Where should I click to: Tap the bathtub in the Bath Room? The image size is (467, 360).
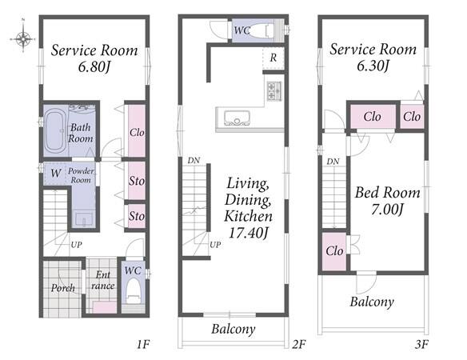pos(56,130)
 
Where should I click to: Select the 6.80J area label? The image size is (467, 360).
pos(94,67)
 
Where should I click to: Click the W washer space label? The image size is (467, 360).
pos(56,173)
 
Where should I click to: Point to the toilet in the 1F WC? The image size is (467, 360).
pos(134,291)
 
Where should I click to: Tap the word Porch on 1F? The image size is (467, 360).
pos(63,288)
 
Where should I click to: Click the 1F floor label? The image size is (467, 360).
pos(142,345)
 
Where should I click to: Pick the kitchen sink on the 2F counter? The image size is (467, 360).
pos(237,118)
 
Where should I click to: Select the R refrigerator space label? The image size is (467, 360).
pos(273,58)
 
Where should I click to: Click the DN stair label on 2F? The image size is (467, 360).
pos(194,161)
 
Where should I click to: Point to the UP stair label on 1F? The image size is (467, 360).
pos(76,245)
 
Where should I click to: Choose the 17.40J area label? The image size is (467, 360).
pos(249,233)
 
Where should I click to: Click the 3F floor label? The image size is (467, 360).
pos(421,345)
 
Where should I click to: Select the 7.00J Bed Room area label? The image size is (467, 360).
pos(387,210)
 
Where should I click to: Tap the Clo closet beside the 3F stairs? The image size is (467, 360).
pos(334,251)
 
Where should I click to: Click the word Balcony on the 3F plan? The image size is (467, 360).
pos(372,302)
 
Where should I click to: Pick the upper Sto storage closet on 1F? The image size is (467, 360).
pos(137,180)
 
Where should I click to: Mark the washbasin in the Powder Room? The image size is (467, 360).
pos(84,220)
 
